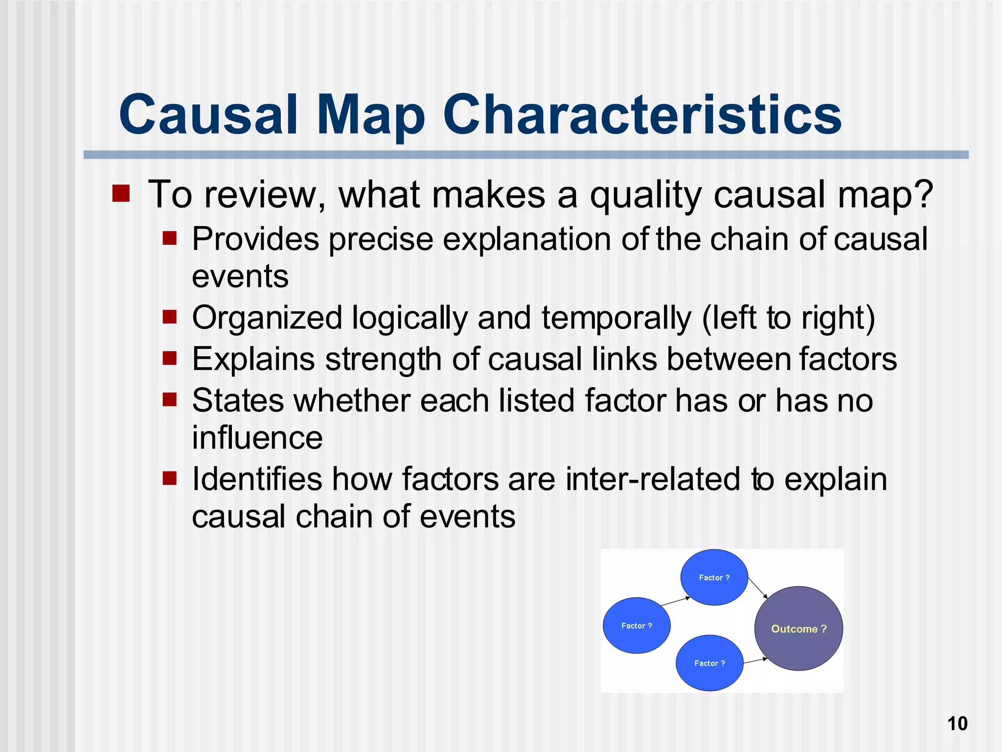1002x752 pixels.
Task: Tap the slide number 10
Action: pyautogui.click(x=957, y=723)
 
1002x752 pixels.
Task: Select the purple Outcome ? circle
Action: pyautogui.click(x=798, y=629)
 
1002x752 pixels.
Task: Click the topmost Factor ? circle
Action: pyautogui.click(x=714, y=577)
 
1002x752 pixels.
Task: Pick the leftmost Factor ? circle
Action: pyautogui.click(x=636, y=625)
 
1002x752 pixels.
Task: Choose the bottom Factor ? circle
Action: pyautogui.click(x=709, y=663)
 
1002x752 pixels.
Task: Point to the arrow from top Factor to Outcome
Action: pyautogui.click(x=757, y=588)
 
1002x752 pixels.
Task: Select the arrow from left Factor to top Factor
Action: pyautogui.click(x=675, y=602)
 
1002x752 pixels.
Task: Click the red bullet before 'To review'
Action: pyautogui.click(x=121, y=193)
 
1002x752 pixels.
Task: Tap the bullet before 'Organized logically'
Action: pyautogui.click(x=169, y=317)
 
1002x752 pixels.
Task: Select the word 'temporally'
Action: pyautogui.click(x=616, y=318)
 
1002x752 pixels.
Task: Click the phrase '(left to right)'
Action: pyautogui.click(x=788, y=318)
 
